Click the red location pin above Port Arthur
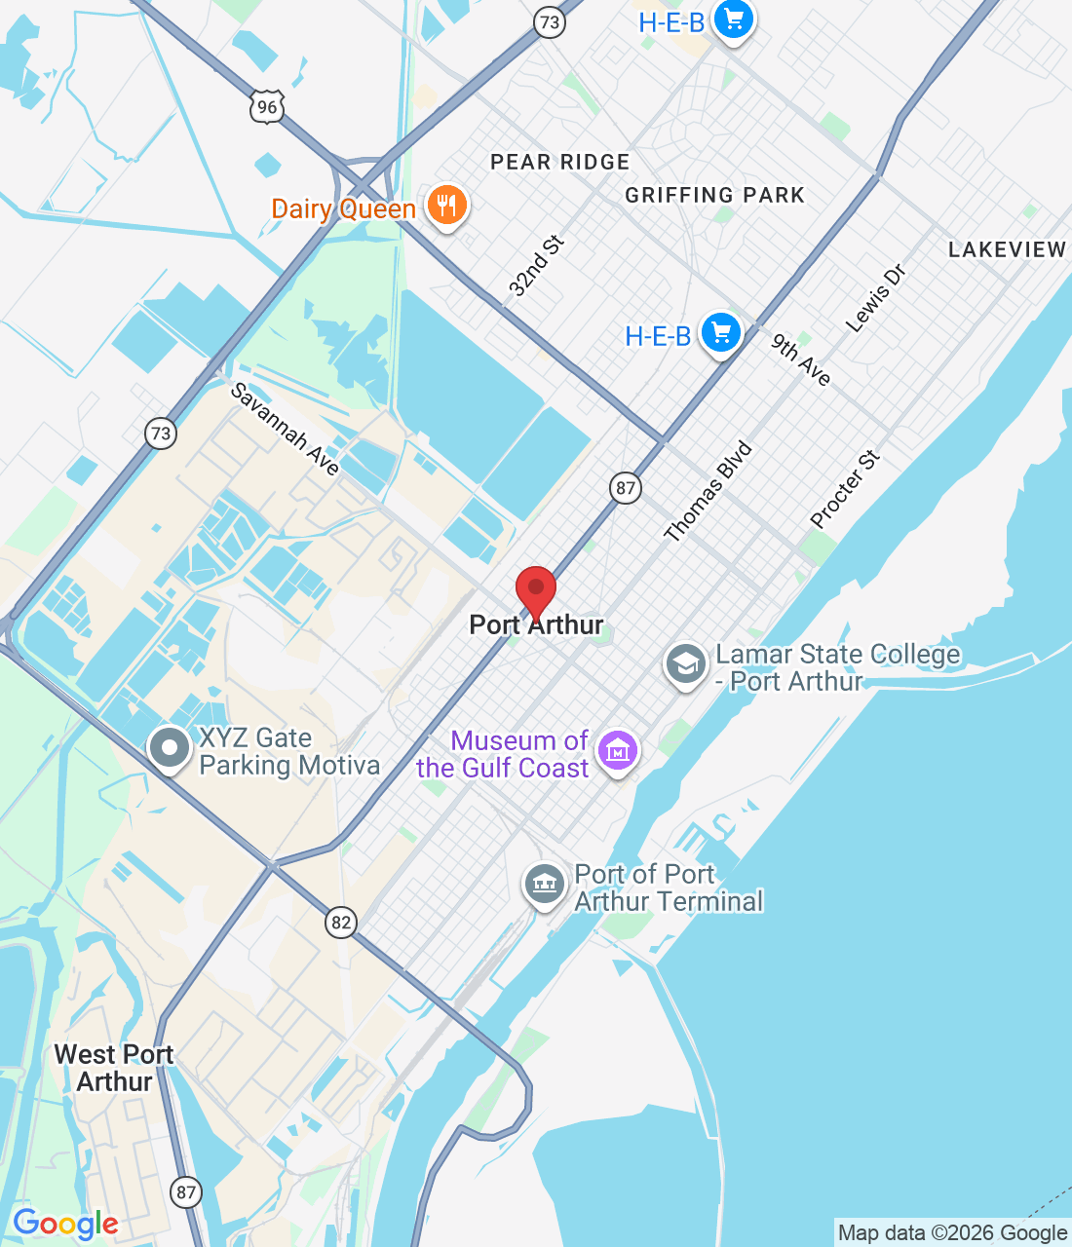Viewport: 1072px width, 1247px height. [535, 588]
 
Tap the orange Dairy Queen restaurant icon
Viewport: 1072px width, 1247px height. [446, 206]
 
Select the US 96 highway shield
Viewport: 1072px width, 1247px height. [267, 106]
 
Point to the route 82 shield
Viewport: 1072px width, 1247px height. [340, 922]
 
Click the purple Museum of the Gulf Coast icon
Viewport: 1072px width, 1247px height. [618, 751]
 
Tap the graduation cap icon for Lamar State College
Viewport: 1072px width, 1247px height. [686, 664]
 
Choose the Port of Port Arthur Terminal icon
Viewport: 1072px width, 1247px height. [544, 885]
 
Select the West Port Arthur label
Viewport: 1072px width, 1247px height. [114, 1068]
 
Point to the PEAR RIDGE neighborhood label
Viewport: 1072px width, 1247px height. [560, 162]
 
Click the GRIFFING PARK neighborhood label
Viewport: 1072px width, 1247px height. [715, 195]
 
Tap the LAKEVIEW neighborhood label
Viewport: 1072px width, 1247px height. [1007, 249]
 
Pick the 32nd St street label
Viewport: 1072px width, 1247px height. [536, 266]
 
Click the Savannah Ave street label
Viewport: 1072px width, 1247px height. [285, 429]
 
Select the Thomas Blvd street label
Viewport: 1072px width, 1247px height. [708, 491]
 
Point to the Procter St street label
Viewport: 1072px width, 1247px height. [845, 489]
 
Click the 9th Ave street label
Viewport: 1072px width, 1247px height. [801, 359]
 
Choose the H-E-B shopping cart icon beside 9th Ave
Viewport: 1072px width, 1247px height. [721, 334]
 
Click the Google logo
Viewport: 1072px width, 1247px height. [65, 1224]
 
